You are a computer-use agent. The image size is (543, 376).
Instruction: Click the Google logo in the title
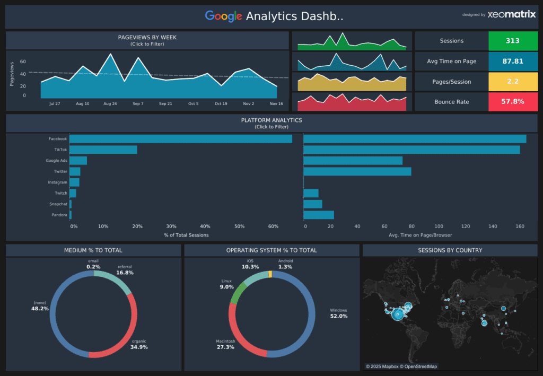pos(223,16)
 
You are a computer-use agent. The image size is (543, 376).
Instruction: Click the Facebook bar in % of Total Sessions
pos(180,138)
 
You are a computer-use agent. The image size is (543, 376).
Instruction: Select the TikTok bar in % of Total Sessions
pos(103,150)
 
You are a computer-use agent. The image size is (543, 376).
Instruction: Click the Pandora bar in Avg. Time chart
pos(318,215)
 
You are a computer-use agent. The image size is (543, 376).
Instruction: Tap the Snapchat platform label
pos(58,204)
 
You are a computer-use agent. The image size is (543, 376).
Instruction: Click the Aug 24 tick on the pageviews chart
pos(110,103)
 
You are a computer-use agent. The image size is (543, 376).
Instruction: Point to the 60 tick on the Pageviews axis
pos(23,62)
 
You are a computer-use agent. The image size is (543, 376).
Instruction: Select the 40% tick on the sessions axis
pos(205,226)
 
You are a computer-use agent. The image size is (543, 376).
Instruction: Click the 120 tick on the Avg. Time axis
pos(466,226)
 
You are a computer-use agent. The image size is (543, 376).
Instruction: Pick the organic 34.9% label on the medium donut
pos(139,344)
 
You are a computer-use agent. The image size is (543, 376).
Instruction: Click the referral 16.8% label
pos(125,270)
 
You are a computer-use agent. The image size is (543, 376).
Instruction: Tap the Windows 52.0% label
pos(338,313)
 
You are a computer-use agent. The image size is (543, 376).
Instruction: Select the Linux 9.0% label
pos(227,284)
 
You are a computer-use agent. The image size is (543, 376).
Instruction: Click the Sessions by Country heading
pos(450,250)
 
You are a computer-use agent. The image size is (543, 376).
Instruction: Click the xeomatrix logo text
pos(512,15)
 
